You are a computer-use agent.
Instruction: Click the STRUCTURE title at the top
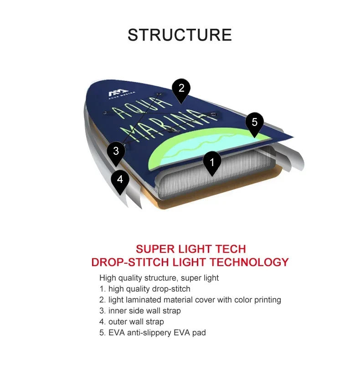pos(180,35)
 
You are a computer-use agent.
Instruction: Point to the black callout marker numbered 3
pos(116,151)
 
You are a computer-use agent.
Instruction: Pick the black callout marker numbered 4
pos(120,179)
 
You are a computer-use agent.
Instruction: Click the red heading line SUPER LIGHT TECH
pos(190,249)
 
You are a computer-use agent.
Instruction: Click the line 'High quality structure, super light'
pos(159,278)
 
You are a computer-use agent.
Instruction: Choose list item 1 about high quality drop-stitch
pos(145,289)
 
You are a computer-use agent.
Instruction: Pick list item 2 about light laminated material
pos(190,300)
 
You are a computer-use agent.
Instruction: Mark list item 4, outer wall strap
pos(132,322)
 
